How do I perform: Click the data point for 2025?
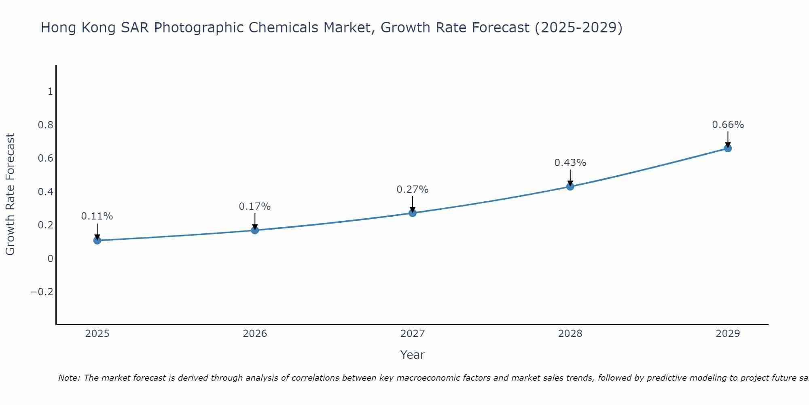click(x=97, y=241)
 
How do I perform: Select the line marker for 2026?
click(x=255, y=230)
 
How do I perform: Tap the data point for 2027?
click(x=413, y=213)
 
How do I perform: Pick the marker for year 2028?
click(x=570, y=187)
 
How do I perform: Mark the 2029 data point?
click(x=728, y=148)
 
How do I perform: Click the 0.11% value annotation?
click(x=97, y=216)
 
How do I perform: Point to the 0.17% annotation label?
click(x=255, y=207)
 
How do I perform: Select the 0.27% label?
click(x=413, y=190)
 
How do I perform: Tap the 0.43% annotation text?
click(x=570, y=163)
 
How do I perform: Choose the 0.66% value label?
click(x=728, y=125)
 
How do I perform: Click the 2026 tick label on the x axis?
click(x=255, y=334)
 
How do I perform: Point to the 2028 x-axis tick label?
click(x=570, y=334)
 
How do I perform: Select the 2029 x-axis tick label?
click(x=728, y=334)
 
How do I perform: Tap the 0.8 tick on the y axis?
click(x=46, y=125)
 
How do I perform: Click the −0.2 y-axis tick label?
click(x=42, y=292)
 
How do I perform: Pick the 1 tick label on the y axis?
click(x=50, y=92)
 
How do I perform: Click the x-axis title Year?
click(x=413, y=355)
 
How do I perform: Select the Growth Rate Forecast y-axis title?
click(x=10, y=194)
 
